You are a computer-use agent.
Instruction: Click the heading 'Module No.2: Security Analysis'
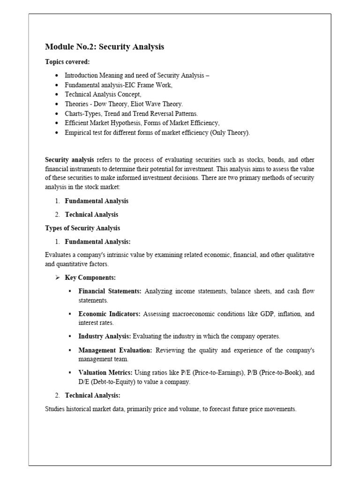[105, 47]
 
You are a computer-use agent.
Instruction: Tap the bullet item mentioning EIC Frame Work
[119, 85]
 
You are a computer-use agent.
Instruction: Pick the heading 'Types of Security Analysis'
[82, 228]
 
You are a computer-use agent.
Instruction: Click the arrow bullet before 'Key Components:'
[58, 278]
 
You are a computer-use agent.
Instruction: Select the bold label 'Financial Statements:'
[110, 292]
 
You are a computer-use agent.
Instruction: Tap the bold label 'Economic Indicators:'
[109, 314]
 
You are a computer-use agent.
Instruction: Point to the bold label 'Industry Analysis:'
[105, 337]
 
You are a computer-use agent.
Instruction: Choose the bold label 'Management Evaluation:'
[115, 350]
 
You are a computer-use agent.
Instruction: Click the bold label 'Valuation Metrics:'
[105, 373]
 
